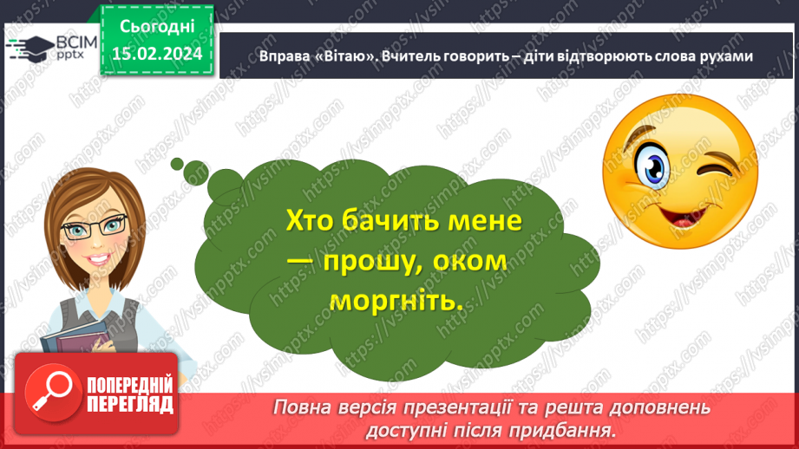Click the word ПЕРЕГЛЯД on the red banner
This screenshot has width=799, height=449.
[x=130, y=404]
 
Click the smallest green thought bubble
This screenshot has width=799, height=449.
[x=176, y=162]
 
